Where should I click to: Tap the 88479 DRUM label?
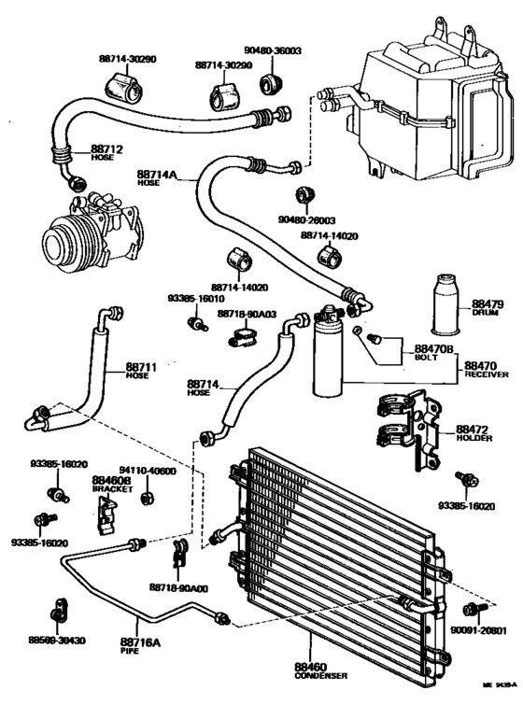click(487, 309)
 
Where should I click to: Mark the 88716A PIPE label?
click(140, 646)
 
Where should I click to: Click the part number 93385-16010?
click(192, 298)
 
